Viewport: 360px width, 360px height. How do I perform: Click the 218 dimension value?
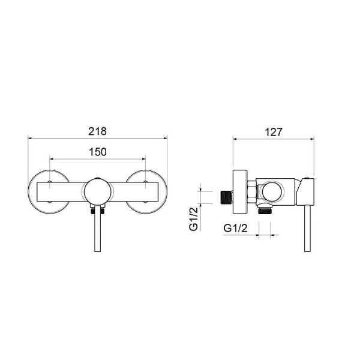(x=97, y=130)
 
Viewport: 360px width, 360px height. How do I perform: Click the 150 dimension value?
(x=97, y=152)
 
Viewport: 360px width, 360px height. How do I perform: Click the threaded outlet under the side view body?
(x=264, y=211)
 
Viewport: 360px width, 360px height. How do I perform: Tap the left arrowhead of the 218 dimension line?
(x=30, y=137)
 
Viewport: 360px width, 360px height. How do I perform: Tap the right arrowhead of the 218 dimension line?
(x=166, y=137)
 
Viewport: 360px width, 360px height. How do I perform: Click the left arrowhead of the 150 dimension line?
(x=52, y=159)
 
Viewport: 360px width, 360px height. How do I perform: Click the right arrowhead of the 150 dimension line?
(x=143, y=159)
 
